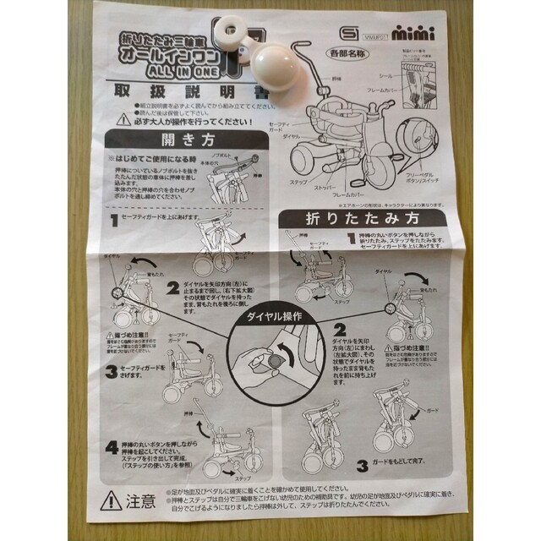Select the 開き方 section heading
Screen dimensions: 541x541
(177, 141)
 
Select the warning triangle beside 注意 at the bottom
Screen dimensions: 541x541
(112, 500)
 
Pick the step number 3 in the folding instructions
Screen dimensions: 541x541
(362, 462)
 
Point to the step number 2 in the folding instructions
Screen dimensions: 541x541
(340, 330)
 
